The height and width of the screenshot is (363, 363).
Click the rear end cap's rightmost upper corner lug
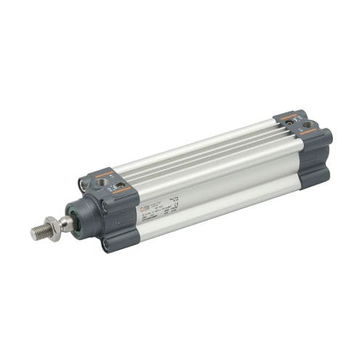[x=325, y=137]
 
